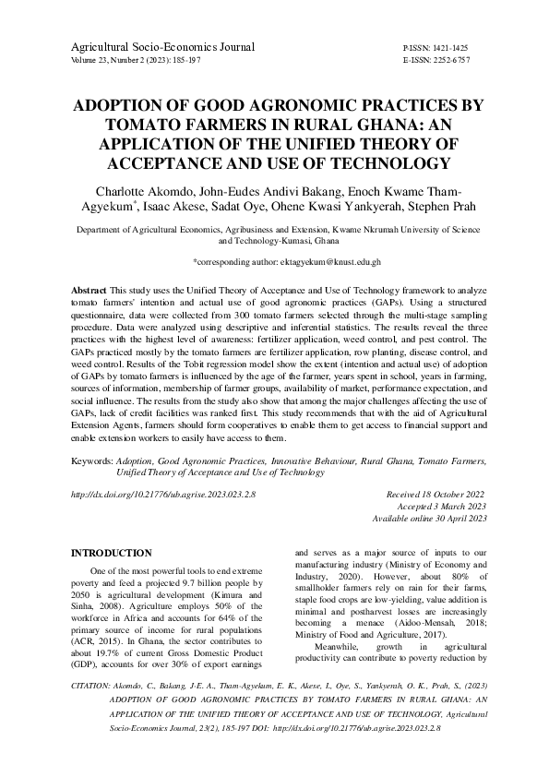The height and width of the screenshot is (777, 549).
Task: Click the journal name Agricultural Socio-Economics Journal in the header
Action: point(162,45)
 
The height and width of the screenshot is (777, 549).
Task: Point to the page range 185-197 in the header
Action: point(185,59)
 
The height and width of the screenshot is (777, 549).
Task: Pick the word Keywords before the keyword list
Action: point(92,460)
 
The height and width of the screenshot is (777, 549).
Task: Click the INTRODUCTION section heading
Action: point(112,553)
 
